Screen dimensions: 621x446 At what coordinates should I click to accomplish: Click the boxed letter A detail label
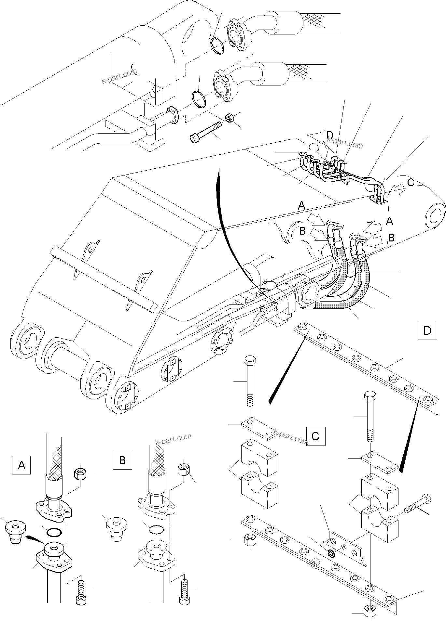21,465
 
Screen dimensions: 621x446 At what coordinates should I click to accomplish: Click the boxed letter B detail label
122,460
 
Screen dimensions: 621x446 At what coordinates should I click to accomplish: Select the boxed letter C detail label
315,436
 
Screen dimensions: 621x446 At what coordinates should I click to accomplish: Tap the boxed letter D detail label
427,330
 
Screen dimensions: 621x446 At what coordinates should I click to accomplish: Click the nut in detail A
80,474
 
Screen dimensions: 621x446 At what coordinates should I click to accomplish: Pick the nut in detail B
184,469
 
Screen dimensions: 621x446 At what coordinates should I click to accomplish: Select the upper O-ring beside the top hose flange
217,46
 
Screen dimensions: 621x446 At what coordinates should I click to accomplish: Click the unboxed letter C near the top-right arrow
410,183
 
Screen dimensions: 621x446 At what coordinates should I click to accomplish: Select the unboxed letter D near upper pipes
329,135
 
